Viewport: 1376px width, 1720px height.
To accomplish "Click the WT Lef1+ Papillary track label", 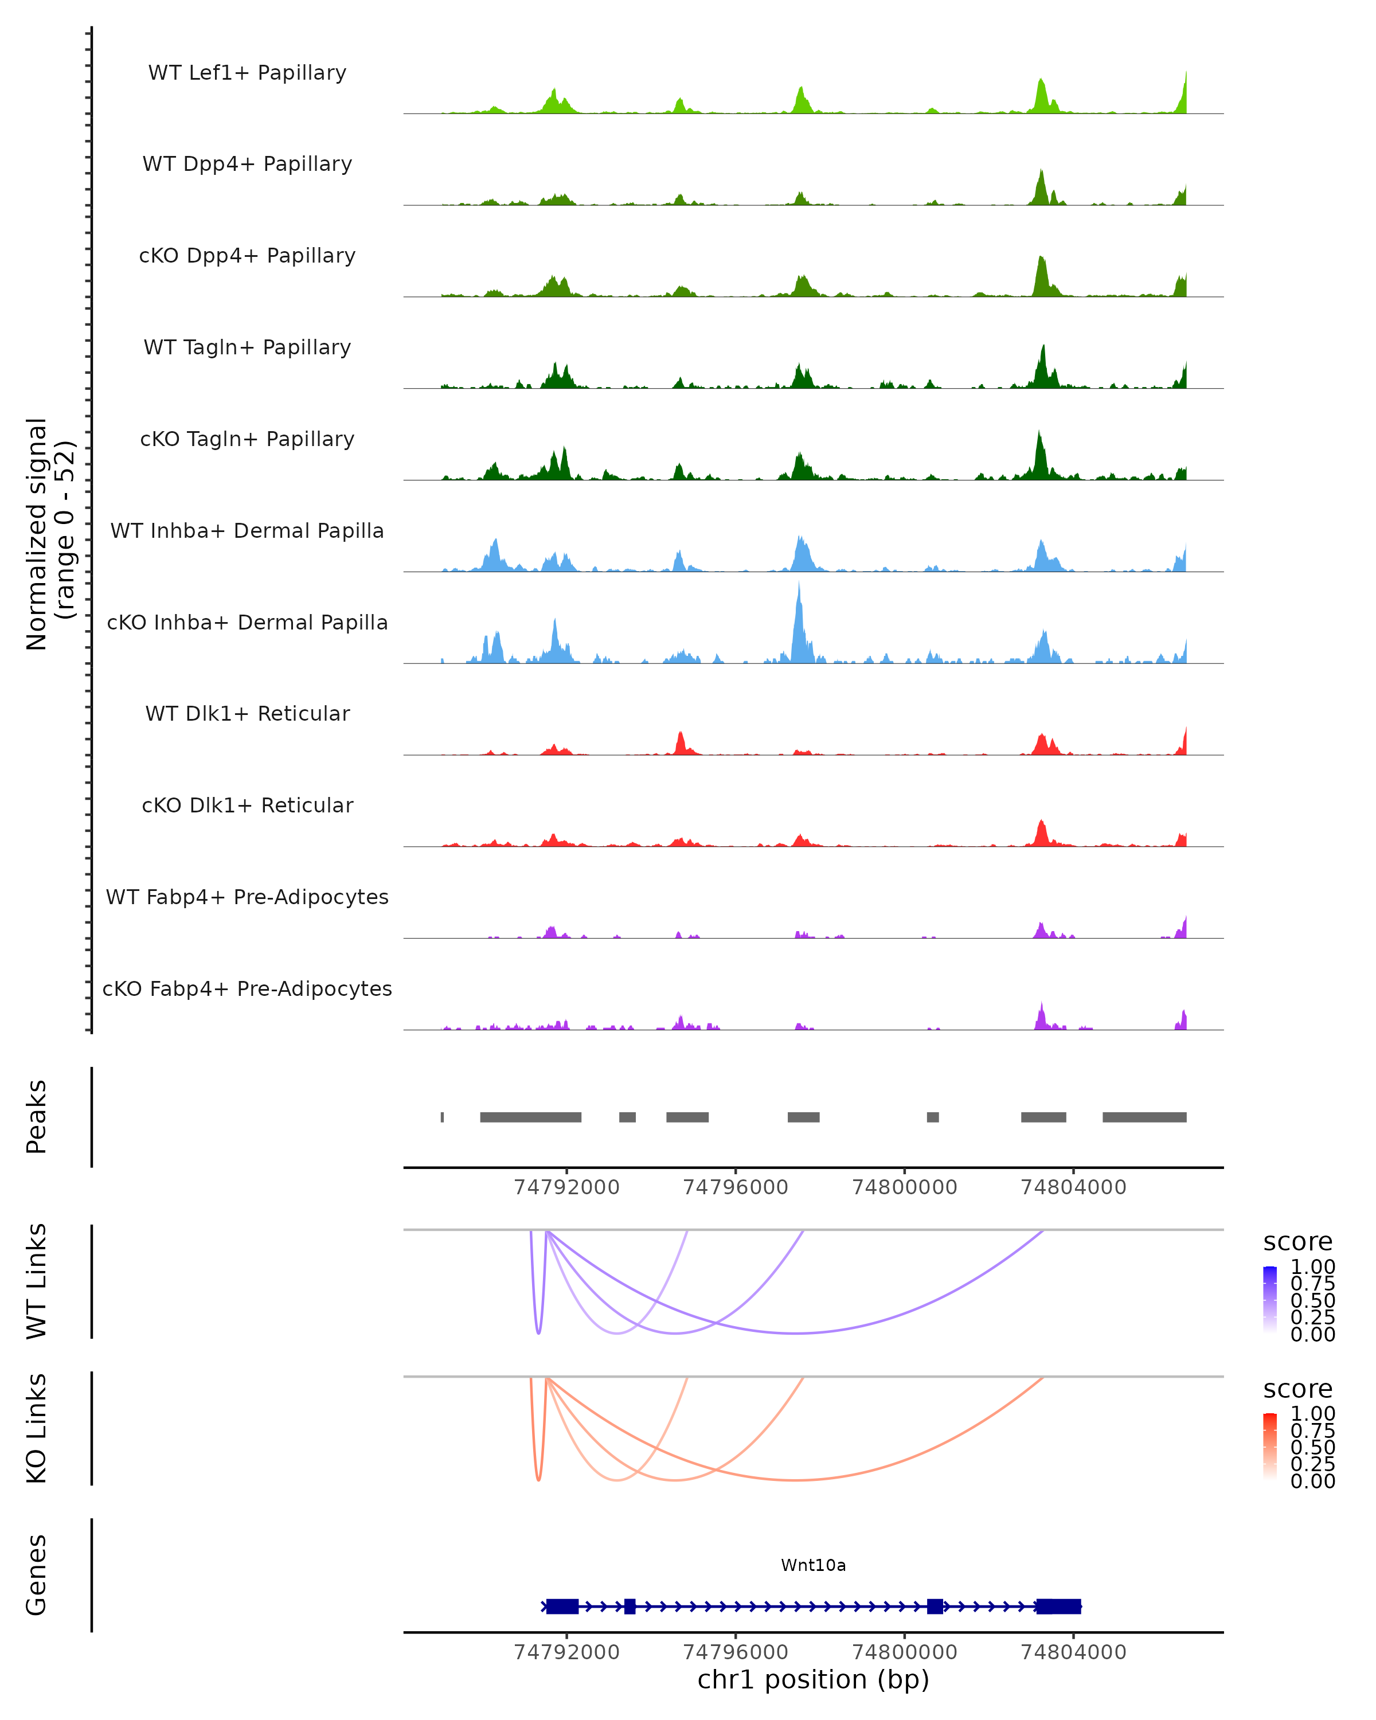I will pos(247,73).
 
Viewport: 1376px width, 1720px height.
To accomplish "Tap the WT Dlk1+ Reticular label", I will pos(247,713).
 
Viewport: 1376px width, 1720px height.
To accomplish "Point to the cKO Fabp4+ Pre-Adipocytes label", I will pos(247,988).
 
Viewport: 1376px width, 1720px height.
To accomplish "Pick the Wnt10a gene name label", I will pos(813,1565).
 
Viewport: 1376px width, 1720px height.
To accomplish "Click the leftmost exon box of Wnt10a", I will pos(562,1606).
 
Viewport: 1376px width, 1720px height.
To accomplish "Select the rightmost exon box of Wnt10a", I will pos(1058,1606).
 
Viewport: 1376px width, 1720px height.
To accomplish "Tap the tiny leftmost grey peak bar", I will pos(443,1117).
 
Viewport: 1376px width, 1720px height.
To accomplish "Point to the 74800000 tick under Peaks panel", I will pos(905,1187).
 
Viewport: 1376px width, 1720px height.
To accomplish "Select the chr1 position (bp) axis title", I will pos(813,1679).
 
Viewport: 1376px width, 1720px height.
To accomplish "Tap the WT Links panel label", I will pos(37,1281).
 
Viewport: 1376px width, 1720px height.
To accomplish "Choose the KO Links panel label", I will pos(37,1429).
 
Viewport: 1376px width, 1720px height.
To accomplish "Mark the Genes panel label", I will pos(37,1575).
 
